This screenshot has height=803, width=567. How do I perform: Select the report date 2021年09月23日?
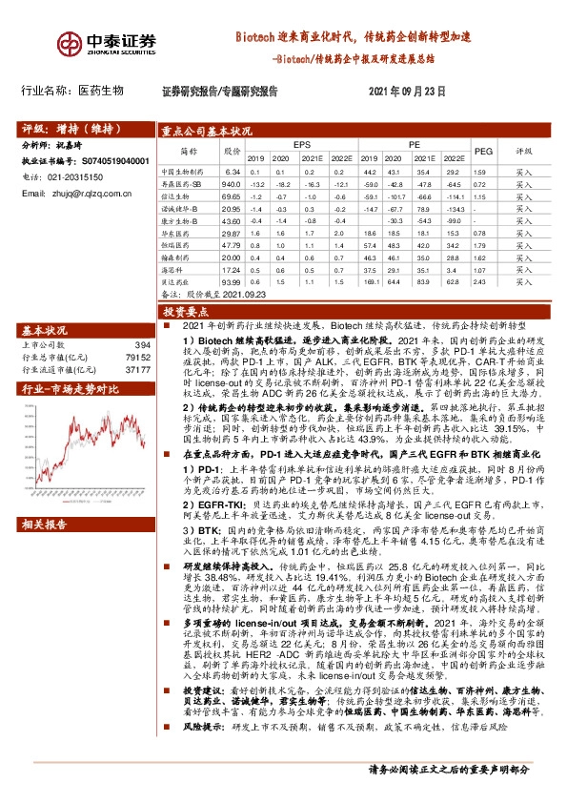406,92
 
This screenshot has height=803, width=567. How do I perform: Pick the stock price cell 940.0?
230,183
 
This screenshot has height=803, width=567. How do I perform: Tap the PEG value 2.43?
481,282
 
